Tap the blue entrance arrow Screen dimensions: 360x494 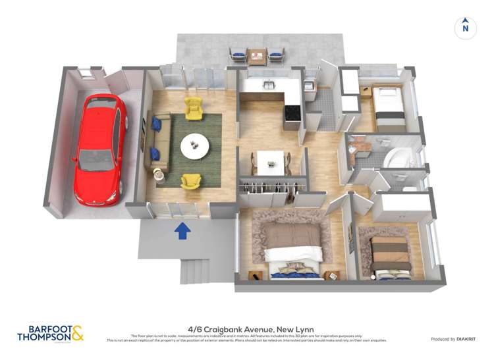(x=182, y=230)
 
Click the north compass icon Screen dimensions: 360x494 (x=465, y=27)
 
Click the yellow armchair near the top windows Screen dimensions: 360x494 (x=194, y=109)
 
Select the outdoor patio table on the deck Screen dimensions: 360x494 (x=256, y=57)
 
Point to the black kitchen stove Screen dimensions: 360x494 (x=292, y=116)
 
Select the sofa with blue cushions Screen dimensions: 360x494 (x=160, y=141)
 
